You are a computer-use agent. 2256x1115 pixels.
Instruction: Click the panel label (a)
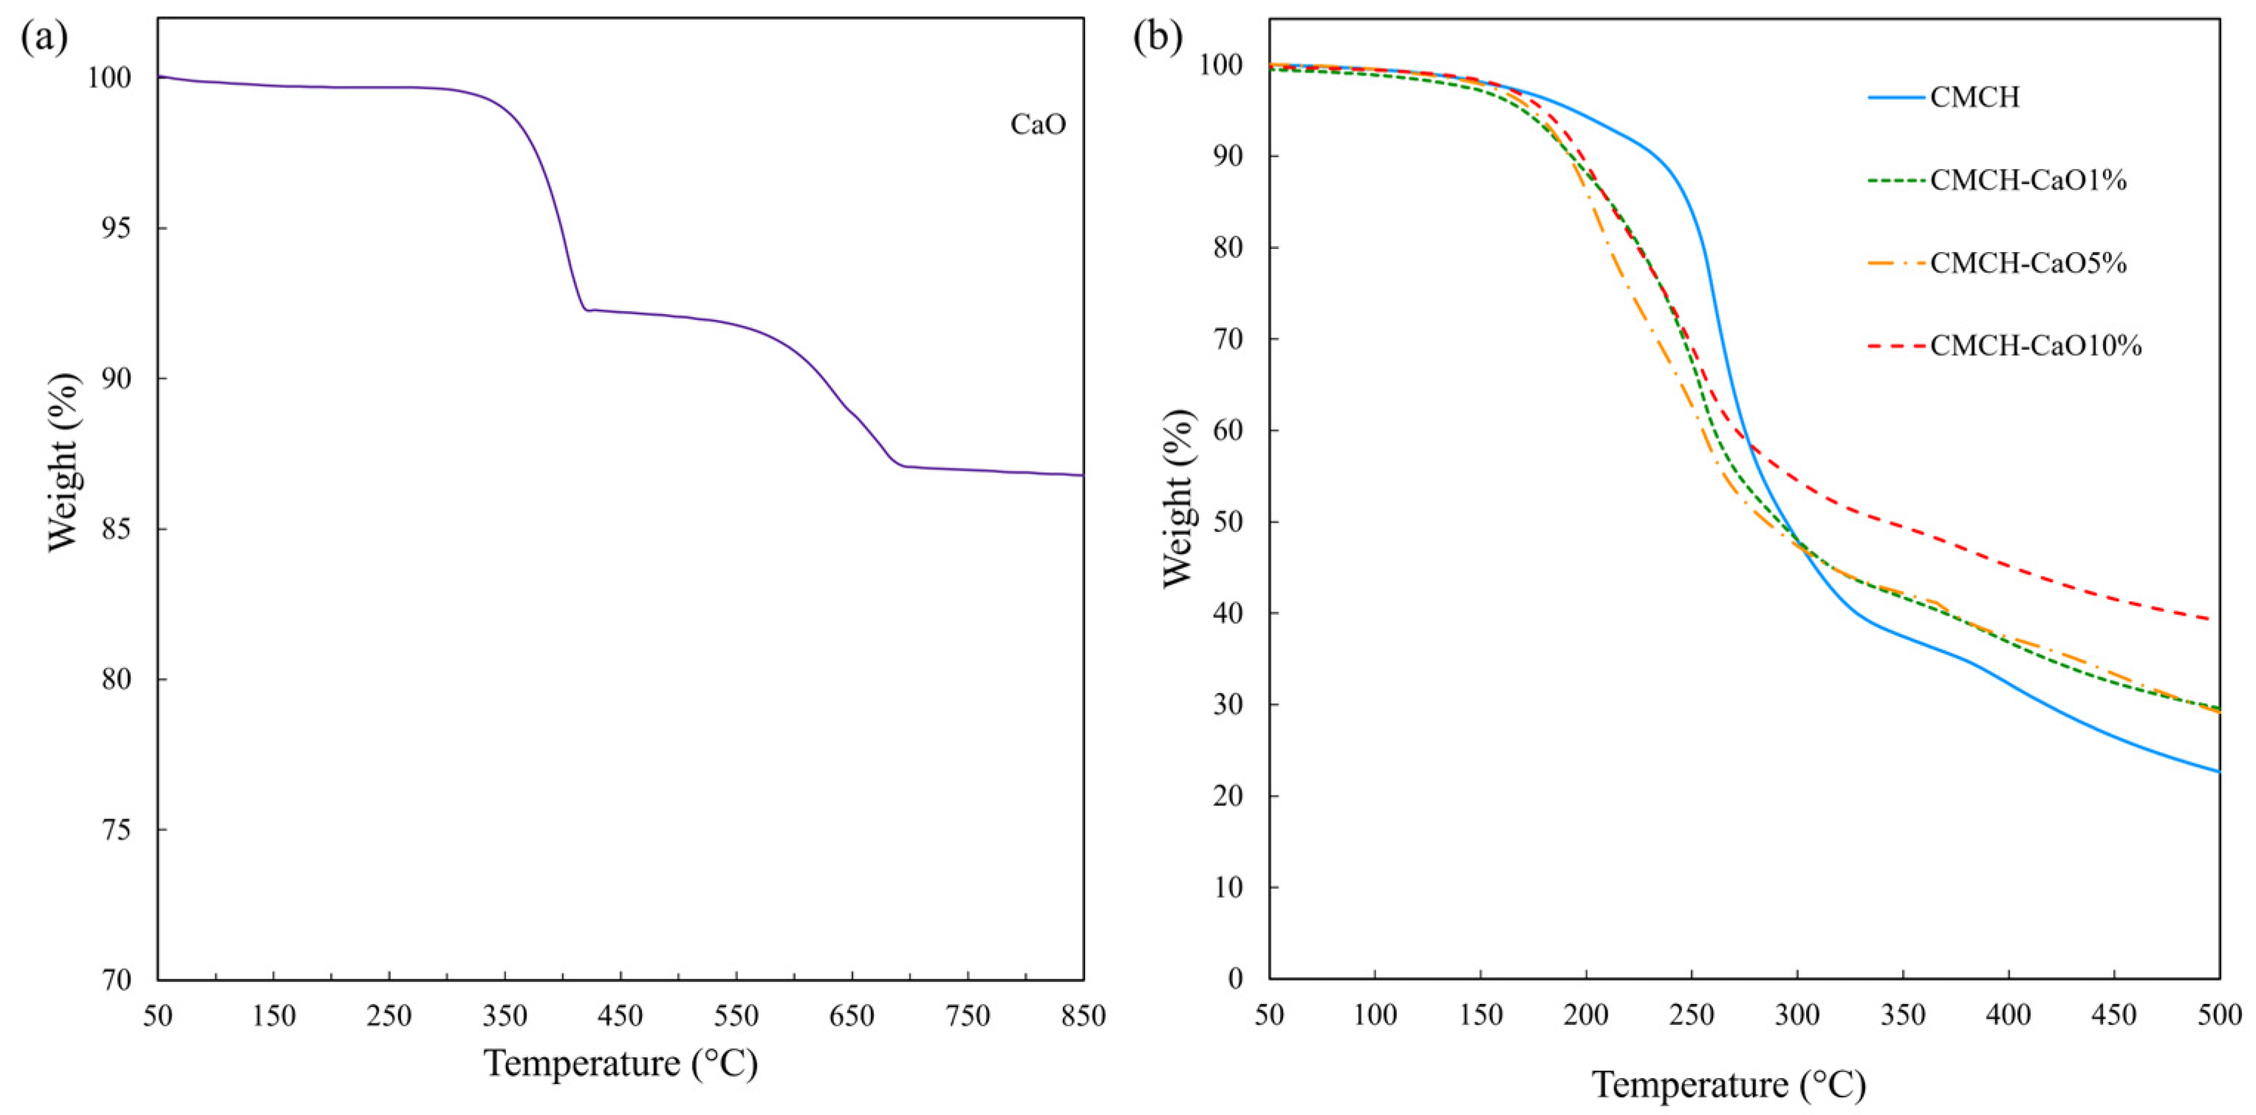[44, 39]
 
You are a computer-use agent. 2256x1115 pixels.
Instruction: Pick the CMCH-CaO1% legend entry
[2028, 180]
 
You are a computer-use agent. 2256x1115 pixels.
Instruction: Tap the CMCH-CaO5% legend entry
[2028, 263]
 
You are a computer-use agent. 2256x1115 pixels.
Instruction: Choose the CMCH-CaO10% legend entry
[2035, 346]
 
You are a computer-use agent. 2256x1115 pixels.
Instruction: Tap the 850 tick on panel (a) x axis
[1084, 1016]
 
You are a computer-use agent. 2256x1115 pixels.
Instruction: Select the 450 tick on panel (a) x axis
[620, 1016]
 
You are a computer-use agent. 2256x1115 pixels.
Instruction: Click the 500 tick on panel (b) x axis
[2219, 1016]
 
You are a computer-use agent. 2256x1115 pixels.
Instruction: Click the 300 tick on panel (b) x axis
[1797, 1016]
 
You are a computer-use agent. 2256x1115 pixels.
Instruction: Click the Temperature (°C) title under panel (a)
[620, 1063]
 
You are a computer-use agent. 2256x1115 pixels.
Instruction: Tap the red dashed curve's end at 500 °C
[2218, 620]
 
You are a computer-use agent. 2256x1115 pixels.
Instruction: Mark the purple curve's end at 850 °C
[1082, 476]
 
